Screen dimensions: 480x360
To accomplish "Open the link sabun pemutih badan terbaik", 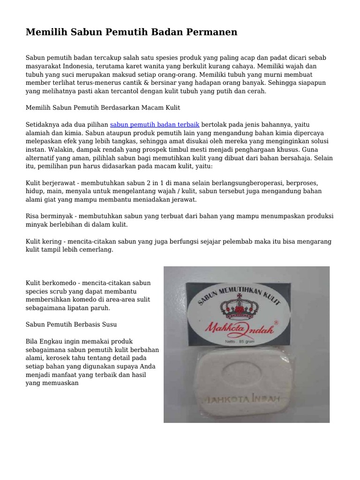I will point(155,125).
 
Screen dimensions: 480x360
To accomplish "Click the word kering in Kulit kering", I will point(52,241).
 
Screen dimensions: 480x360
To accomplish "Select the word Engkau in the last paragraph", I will point(53,341).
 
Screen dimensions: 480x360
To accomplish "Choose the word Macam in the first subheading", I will point(147,108).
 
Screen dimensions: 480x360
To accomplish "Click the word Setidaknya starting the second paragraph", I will point(43,125).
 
